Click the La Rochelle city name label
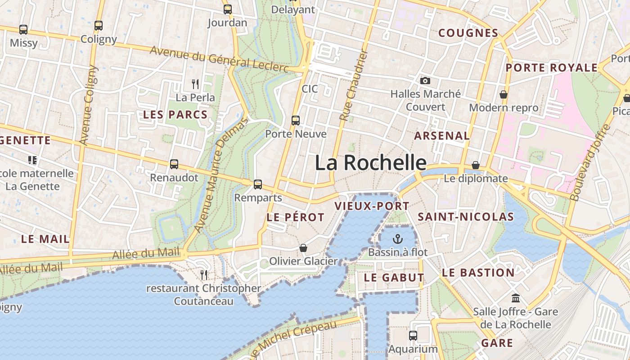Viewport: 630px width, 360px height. point(370,162)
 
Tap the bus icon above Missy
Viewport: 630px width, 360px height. point(23,30)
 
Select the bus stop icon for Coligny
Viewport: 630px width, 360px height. point(99,26)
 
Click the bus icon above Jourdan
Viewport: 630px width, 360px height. point(228,9)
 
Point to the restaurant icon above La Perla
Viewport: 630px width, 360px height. point(195,84)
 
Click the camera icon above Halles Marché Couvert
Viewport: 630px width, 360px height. point(425,81)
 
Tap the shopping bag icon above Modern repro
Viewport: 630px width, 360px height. point(504,94)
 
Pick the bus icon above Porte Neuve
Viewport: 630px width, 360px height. point(296,120)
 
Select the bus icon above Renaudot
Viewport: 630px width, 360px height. point(174,164)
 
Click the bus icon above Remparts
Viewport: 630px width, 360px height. point(258,184)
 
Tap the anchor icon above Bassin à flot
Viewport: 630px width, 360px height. point(398,238)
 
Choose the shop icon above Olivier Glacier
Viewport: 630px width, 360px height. point(303,248)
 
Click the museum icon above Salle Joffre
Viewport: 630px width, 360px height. point(516,298)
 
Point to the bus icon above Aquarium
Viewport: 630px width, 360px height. point(413,335)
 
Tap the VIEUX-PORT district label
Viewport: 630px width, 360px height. point(372,206)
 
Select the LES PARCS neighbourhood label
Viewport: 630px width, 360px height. point(175,114)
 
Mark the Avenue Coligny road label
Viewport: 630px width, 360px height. point(88,105)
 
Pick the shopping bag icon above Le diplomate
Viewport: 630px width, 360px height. point(476,165)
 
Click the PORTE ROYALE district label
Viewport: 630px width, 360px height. point(552,68)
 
